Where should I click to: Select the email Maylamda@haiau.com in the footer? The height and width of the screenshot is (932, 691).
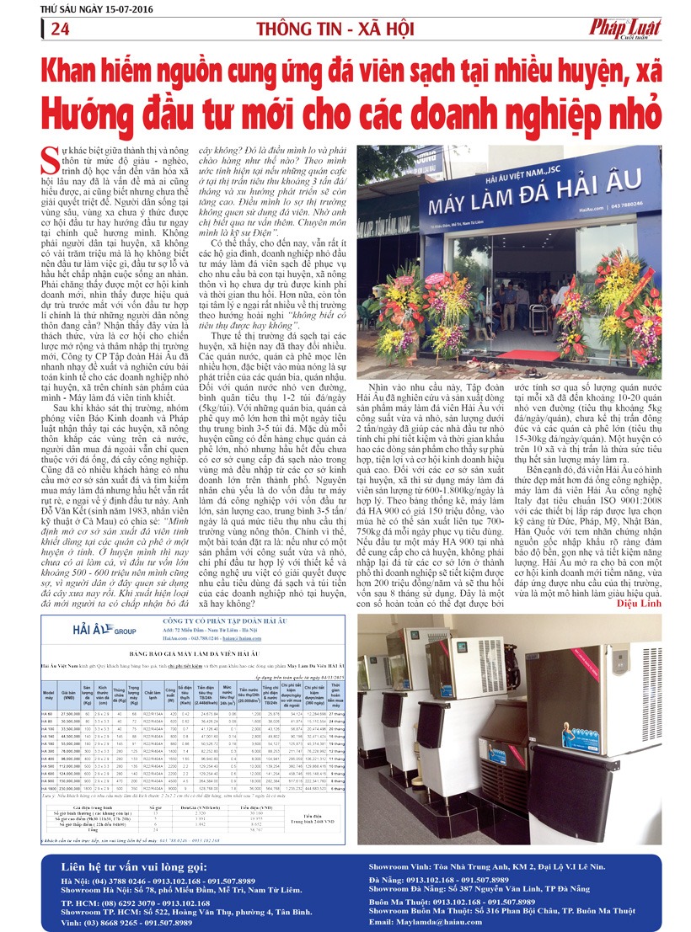click(432, 922)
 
